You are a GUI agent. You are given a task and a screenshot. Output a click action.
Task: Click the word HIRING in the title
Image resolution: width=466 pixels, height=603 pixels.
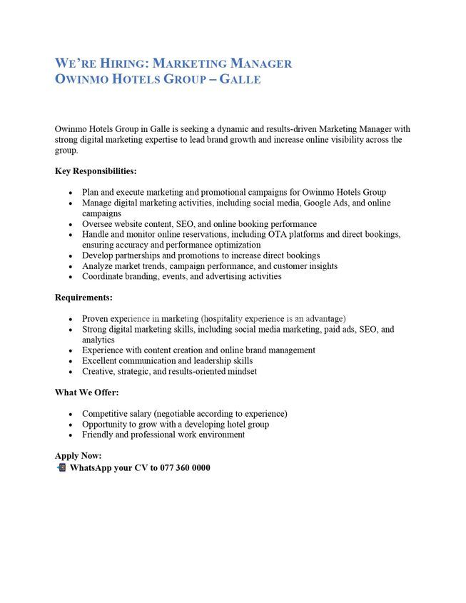[x=121, y=64]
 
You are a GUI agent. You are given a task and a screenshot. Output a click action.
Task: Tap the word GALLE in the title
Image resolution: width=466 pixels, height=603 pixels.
[x=239, y=79]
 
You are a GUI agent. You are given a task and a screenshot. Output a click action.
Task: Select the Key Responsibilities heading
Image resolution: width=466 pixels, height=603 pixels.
[x=96, y=171]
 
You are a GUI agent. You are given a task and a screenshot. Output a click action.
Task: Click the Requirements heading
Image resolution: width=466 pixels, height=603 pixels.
[x=83, y=298]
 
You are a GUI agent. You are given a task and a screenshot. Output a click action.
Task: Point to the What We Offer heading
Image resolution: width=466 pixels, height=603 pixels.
[x=86, y=392]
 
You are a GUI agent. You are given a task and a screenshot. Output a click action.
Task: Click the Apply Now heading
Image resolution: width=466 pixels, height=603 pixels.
[x=78, y=455]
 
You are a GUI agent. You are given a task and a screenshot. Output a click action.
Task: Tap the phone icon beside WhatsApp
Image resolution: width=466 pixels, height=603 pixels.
[x=61, y=467]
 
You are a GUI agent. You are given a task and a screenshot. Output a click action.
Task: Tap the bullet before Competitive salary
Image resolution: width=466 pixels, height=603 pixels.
[x=70, y=414]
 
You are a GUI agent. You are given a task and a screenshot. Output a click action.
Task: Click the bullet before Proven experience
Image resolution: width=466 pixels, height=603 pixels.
[x=70, y=319]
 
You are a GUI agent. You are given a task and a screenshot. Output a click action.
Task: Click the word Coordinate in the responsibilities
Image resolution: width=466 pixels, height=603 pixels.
[x=103, y=276]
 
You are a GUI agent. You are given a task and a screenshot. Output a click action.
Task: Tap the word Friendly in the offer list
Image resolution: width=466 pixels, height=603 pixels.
[x=97, y=434]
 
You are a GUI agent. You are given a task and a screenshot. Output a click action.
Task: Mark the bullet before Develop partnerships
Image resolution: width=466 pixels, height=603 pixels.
[x=70, y=255]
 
